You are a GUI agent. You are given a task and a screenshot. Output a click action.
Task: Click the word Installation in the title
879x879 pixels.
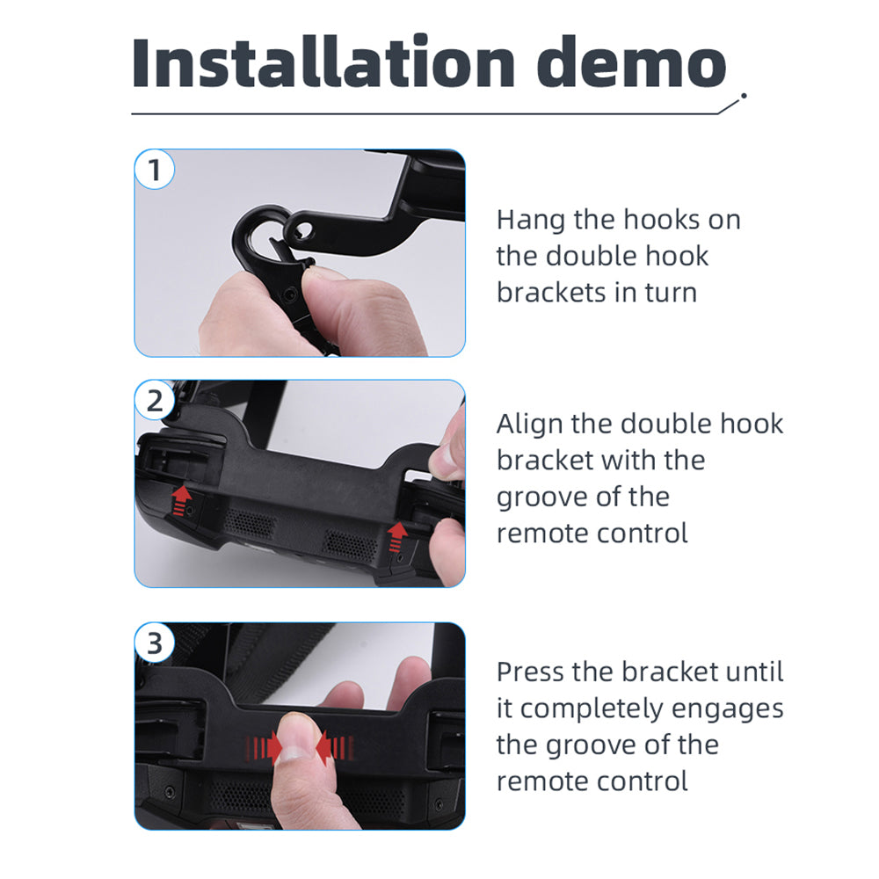(323, 62)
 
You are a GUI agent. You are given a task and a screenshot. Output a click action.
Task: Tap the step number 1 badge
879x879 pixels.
(155, 170)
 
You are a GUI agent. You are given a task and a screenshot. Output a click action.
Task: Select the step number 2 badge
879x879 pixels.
(155, 401)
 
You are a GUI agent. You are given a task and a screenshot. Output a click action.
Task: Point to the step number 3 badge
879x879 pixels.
(155, 643)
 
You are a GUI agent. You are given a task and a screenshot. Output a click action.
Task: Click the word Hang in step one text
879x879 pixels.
(531, 221)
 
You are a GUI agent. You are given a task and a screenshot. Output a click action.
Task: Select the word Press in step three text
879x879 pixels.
(536, 672)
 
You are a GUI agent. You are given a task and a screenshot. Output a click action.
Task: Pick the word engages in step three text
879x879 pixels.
(727, 709)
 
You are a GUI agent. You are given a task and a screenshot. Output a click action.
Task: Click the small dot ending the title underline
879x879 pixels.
(744, 96)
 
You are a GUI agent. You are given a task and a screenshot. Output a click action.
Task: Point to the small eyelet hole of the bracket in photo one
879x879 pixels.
(304, 229)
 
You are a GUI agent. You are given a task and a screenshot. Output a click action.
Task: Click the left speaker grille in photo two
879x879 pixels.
(250, 524)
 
